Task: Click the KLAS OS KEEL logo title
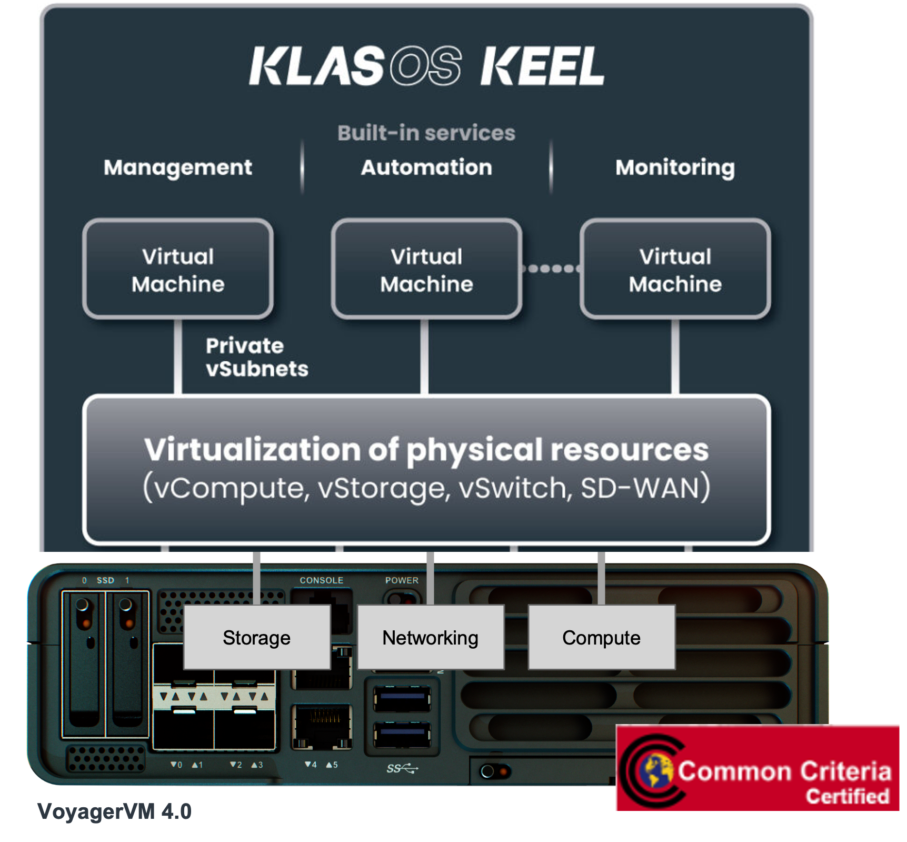coord(426,66)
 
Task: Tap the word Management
coord(178,167)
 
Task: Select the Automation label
coord(426,167)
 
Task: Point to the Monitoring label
coord(675,167)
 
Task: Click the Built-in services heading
coord(426,133)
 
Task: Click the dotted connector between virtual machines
coord(551,269)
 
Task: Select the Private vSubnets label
coord(256,357)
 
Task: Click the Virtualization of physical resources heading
coord(426,450)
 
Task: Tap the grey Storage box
coord(257,638)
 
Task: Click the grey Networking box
coord(431,638)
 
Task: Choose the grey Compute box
coord(601,638)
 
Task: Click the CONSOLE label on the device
coord(321,580)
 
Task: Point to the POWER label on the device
coord(402,580)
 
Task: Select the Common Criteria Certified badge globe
coord(655,770)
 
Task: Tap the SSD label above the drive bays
coord(105,580)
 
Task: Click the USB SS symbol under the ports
coord(402,769)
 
